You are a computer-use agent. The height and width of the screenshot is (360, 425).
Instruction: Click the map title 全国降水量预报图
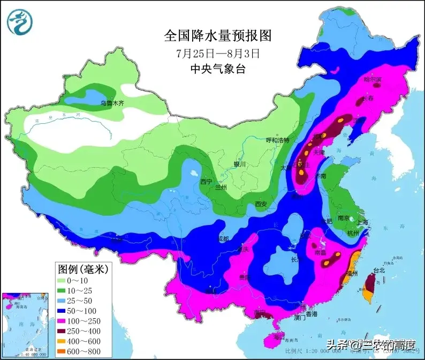click(x=218, y=36)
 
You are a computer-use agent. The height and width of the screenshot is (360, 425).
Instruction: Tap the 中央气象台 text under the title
click(x=218, y=69)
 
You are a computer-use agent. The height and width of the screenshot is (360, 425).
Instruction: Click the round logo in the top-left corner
click(x=20, y=21)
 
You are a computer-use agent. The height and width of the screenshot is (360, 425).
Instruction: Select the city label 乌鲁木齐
click(x=112, y=102)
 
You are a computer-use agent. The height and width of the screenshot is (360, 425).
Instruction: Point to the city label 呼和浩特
click(x=277, y=140)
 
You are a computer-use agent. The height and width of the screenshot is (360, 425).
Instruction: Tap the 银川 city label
click(x=239, y=164)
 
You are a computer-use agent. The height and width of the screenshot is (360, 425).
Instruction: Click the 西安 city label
click(x=261, y=204)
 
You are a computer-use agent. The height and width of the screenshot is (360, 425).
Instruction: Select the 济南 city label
click(x=320, y=175)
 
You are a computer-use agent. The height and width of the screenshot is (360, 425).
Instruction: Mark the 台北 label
click(x=379, y=270)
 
